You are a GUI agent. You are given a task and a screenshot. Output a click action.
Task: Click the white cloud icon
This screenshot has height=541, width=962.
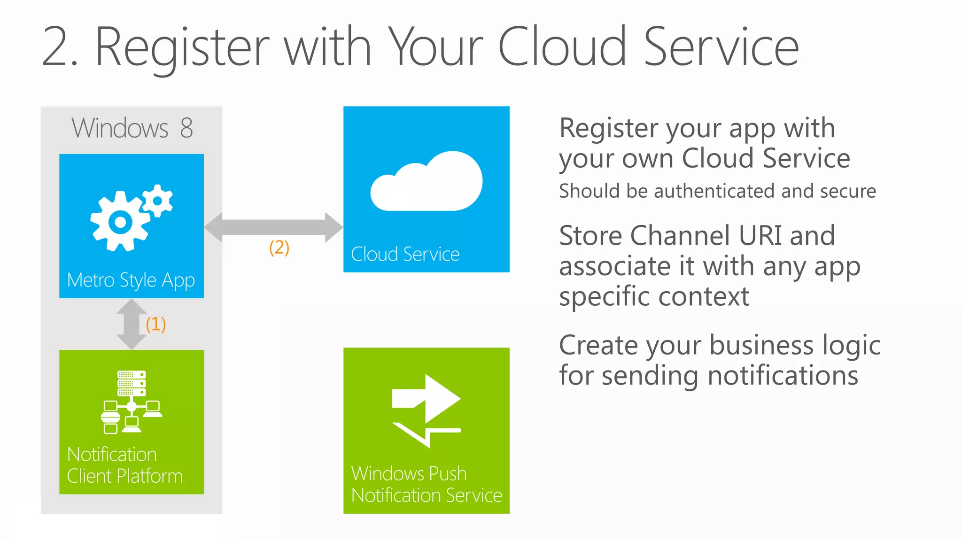coord(427,182)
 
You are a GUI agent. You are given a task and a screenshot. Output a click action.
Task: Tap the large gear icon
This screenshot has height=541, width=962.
coord(120,222)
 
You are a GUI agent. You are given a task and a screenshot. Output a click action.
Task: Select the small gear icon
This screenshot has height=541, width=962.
coord(158,201)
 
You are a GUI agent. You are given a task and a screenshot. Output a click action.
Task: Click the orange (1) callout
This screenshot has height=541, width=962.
coord(155,324)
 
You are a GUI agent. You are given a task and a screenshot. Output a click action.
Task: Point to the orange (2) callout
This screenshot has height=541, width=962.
coord(279,247)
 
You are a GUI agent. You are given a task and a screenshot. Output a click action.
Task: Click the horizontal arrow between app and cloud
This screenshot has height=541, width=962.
coord(274,227)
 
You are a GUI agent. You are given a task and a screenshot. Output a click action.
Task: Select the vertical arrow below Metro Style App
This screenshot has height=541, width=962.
coord(131,324)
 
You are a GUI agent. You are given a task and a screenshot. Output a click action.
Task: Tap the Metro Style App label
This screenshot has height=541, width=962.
coord(131,280)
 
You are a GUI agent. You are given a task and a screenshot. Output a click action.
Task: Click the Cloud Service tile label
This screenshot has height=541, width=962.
coord(405,254)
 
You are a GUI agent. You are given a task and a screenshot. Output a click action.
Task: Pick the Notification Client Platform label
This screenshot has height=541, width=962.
coord(124,465)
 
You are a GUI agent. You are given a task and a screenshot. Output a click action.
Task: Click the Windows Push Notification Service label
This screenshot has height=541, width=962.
coord(426,484)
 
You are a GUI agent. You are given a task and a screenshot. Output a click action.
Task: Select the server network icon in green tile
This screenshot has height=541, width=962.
coord(131,402)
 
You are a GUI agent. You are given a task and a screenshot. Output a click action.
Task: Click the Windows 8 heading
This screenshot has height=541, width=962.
coord(132,128)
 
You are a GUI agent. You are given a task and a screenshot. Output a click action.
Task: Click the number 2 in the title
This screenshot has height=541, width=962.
coord(56,47)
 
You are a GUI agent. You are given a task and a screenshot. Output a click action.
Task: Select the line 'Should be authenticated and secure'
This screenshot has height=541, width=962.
coord(717,191)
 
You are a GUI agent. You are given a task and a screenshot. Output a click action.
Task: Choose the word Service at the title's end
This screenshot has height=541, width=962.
coord(721,47)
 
